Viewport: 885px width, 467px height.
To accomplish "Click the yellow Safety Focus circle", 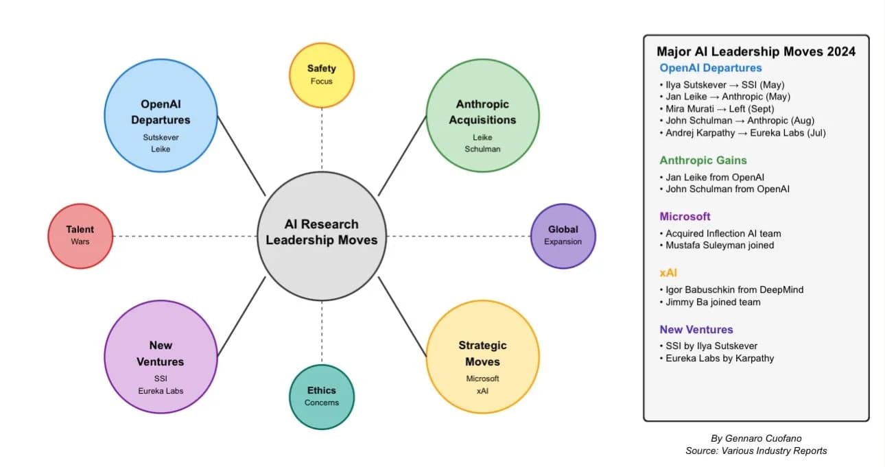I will point(321,75).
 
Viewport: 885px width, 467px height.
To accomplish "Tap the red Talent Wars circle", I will point(80,236).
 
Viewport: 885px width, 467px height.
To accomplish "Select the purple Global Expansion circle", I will point(563,236).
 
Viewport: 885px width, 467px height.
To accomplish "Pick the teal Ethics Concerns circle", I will point(321,396).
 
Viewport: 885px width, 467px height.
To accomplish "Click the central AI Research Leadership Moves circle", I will point(321,236).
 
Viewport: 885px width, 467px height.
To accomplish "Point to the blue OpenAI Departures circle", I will point(161,115).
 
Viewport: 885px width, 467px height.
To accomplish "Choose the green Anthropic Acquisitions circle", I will point(482,115).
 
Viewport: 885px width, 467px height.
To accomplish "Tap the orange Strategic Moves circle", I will point(482,357).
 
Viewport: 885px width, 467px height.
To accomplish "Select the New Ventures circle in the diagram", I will point(161,357).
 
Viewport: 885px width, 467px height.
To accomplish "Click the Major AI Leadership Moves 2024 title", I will point(756,51).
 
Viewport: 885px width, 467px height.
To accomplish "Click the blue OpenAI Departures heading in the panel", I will point(711,68).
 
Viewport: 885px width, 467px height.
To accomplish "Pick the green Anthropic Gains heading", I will point(703,160).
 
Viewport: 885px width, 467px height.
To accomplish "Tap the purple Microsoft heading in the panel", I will point(685,217).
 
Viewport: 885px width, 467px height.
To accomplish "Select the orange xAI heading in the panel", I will point(669,273).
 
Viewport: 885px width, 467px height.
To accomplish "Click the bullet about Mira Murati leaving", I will point(720,108).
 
